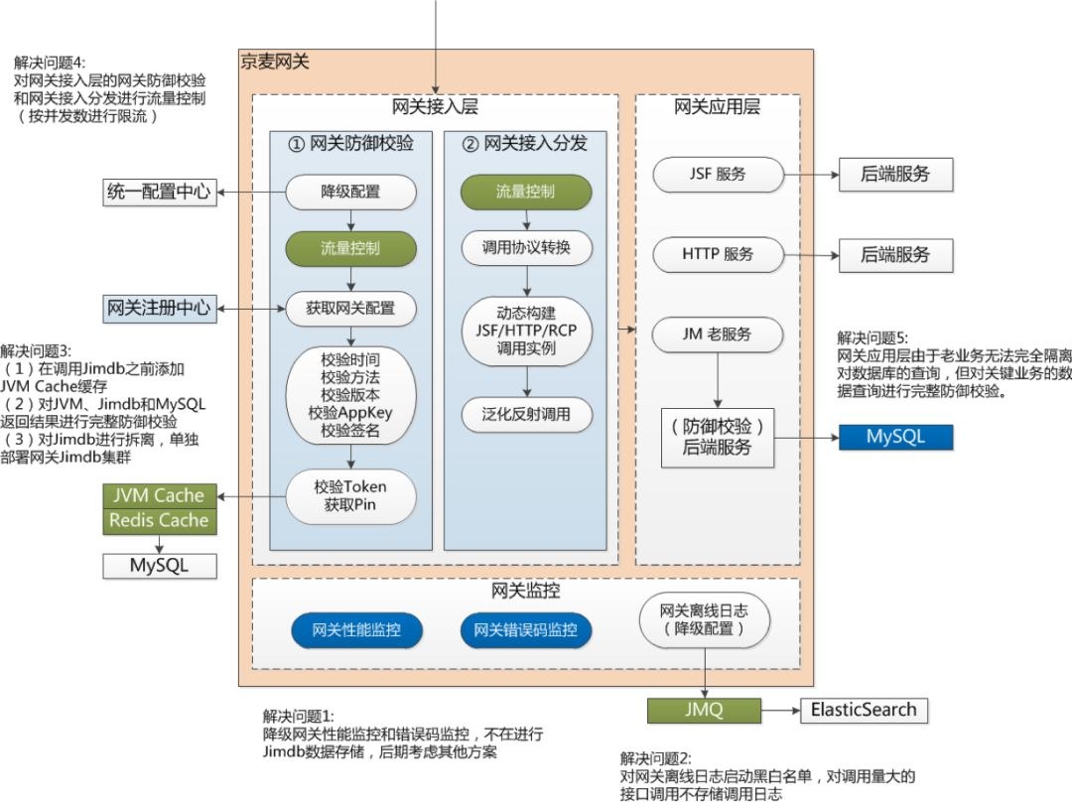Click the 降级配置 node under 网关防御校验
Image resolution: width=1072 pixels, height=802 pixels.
(350, 193)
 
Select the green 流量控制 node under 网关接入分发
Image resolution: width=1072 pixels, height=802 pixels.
(526, 193)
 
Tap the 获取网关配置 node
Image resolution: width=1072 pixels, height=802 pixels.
(350, 309)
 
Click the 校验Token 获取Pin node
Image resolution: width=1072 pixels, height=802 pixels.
(350, 495)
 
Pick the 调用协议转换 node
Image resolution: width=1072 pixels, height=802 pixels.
(526, 247)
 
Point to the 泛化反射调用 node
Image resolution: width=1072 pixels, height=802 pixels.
(526, 414)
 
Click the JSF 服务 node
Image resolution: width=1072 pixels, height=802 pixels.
(718, 175)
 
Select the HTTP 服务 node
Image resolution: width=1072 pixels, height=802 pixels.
(718, 254)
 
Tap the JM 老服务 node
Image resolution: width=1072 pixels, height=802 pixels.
(718, 334)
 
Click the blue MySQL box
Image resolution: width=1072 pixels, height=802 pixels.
(895, 437)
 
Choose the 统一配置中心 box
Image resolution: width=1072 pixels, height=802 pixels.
(159, 193)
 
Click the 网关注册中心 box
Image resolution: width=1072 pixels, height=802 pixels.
(159, 309)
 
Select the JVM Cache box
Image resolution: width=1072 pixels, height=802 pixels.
(159, 495)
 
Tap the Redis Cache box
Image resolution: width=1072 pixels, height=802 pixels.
(159, 521)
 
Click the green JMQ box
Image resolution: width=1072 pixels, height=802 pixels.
(704, 710)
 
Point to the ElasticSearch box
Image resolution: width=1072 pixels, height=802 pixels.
(865, 710)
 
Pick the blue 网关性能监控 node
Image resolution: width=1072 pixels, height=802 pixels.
(356, 630)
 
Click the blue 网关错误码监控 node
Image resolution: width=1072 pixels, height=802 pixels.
(526, 630)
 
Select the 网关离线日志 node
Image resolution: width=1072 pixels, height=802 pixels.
(704, 619)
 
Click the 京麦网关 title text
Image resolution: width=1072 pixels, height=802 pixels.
(275, 63)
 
